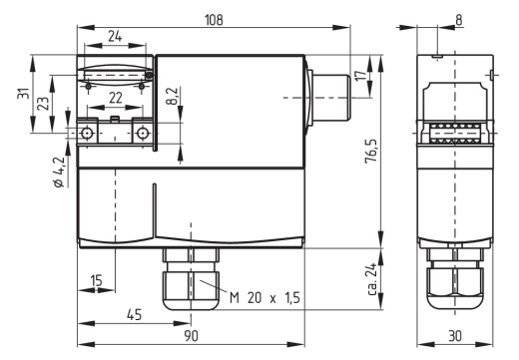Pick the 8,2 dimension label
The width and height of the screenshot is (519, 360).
171,97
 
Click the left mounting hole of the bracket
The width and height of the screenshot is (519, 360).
89,134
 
